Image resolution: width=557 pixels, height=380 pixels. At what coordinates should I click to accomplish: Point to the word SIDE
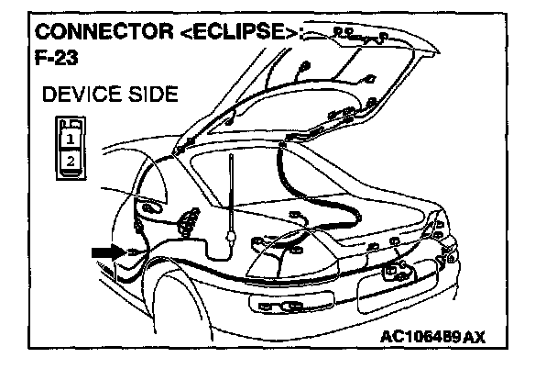point(147,96)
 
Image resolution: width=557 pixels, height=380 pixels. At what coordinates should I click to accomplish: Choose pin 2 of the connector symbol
point(68,161)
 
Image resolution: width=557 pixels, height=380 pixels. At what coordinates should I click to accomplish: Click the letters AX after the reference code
point(475,337)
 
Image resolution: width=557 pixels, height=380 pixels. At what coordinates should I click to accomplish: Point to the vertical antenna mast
point(229,193)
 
